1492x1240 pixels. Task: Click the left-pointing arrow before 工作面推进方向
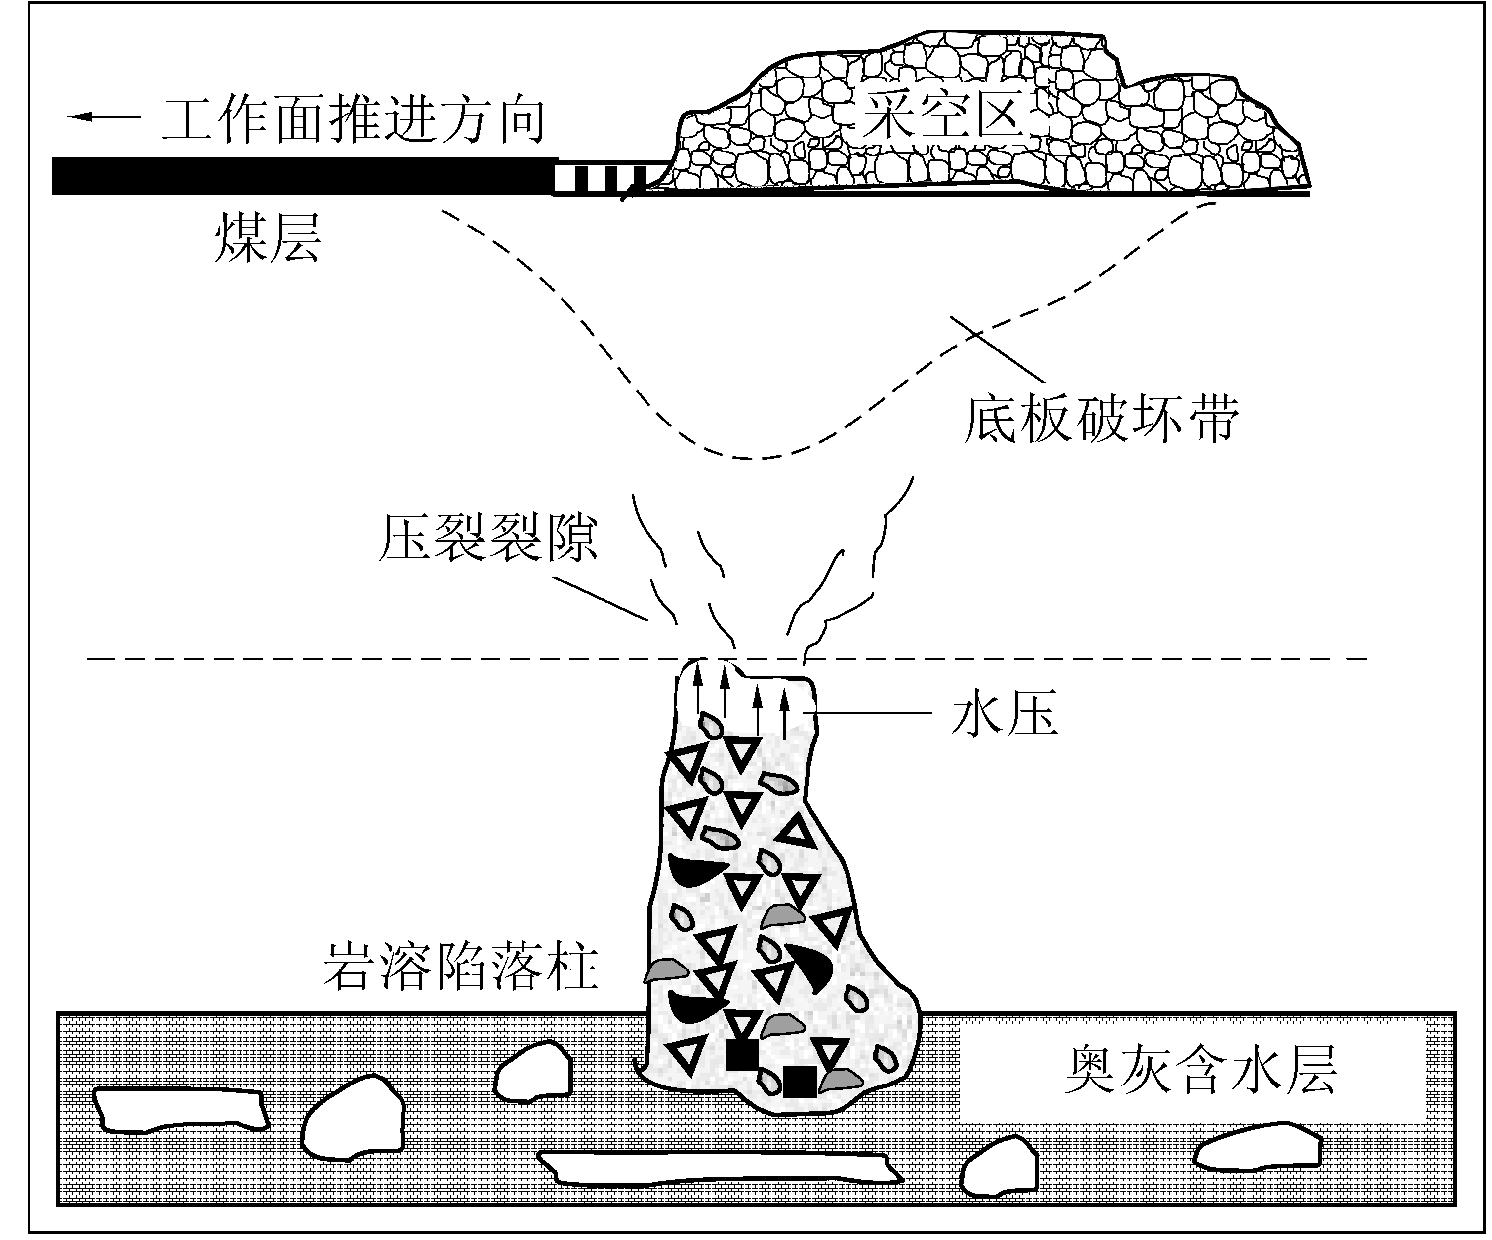pos(104,116)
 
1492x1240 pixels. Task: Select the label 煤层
pos(267,237)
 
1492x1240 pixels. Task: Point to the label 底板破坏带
pos(1102,419)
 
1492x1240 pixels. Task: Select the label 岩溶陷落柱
pos(461,967)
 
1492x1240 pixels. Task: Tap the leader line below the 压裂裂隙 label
pos(601,599)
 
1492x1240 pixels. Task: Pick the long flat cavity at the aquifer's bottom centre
pos(719,1167)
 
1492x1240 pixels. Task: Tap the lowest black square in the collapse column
pos(799,1082)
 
